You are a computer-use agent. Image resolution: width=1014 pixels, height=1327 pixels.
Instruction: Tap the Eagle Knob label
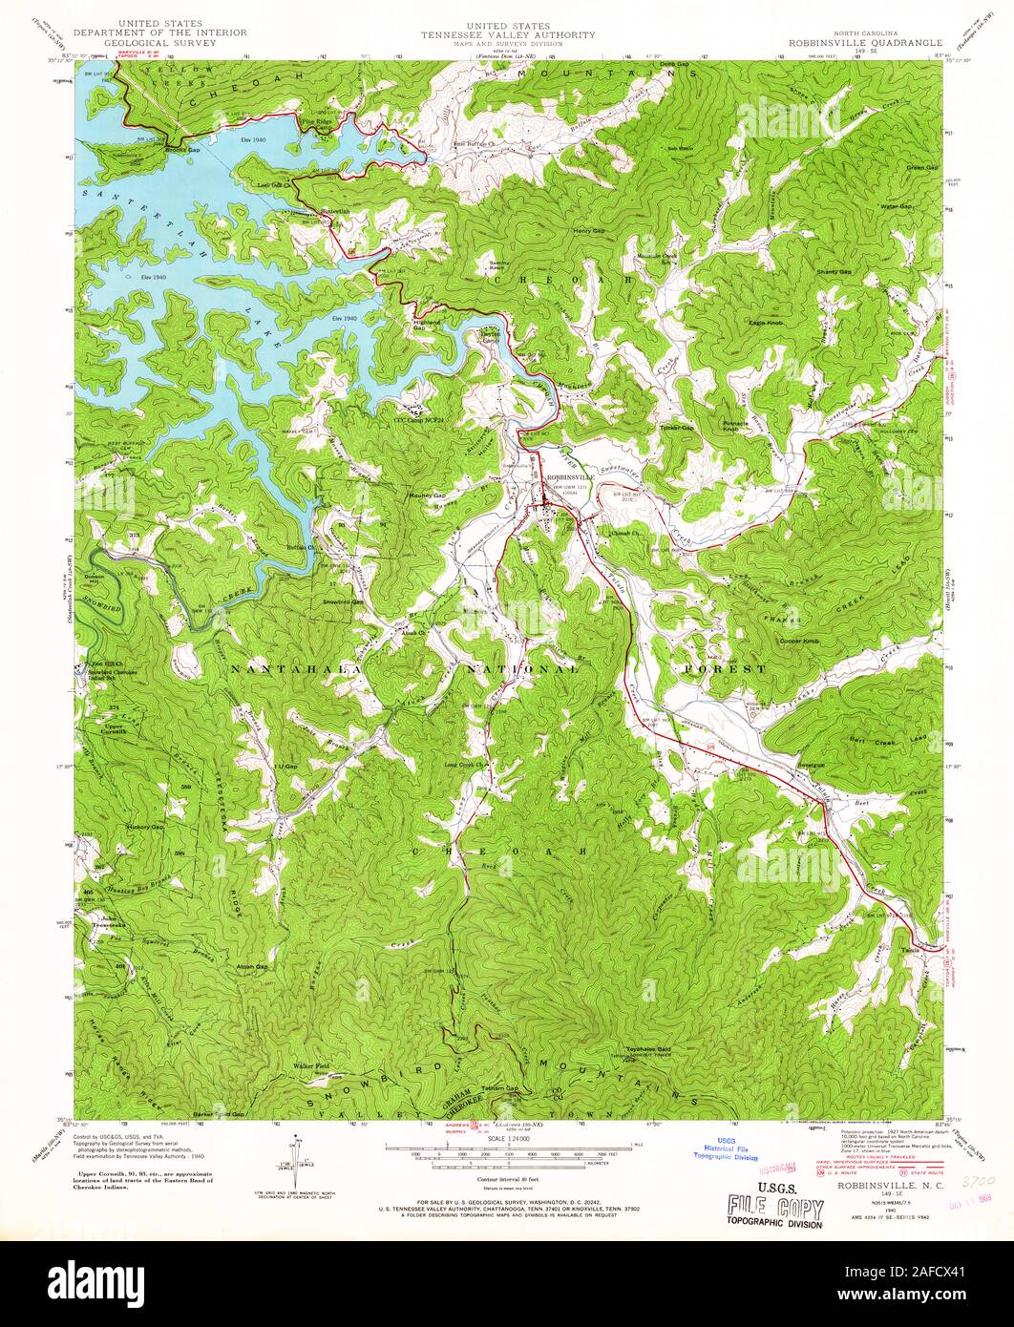pyautogui.click(x=765, y=324)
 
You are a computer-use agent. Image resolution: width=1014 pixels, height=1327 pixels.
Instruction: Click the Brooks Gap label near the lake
pyautogui.click(x=181, y=150)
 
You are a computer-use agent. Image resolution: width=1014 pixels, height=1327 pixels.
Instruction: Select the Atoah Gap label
pyautogui.click(x=253, y=966)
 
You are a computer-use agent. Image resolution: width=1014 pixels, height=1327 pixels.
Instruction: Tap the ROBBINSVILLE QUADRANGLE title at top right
pyautogui.click(x=864, y=43)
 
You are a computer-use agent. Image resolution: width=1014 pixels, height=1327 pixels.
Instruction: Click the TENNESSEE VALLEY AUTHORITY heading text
pyautogui.click(x=507, y=34)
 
